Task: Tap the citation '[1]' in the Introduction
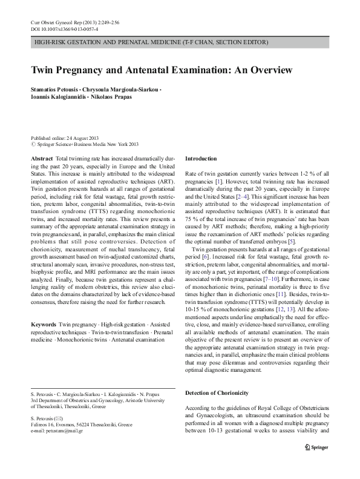coord(223,180)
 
